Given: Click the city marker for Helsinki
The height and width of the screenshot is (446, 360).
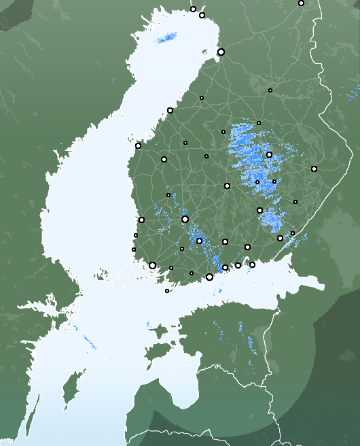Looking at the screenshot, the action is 209,277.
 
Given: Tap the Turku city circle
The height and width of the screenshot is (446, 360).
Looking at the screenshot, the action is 152,265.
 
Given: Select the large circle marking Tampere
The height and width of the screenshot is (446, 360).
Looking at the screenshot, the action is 185,219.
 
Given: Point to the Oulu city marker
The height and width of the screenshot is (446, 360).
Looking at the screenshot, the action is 221,52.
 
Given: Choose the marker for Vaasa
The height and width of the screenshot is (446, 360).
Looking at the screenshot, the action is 138,145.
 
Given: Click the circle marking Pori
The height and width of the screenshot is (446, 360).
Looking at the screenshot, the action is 141,220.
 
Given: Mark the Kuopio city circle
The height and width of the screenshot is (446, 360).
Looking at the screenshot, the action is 269,154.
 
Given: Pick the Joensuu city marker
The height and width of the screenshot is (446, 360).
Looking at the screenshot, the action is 314,169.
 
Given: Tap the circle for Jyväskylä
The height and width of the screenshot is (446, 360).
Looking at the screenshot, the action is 227,186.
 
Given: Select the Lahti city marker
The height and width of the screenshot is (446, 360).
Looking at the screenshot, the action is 225,241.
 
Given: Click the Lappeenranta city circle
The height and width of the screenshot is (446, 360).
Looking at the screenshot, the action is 280,238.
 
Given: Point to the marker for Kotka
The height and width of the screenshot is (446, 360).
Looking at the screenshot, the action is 252,264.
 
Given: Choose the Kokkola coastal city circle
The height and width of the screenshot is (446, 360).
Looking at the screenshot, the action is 170,110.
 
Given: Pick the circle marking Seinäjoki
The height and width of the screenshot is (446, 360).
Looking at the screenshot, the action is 164,159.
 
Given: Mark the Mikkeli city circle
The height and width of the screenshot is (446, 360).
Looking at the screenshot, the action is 259,210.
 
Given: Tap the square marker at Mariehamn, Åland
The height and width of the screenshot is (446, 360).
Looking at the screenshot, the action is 167,291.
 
